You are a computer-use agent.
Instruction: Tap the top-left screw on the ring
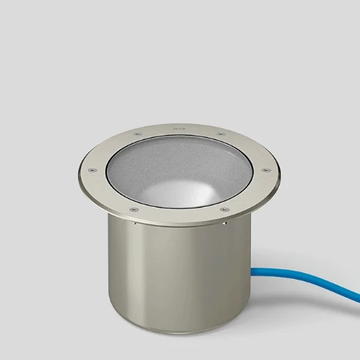(137, 133)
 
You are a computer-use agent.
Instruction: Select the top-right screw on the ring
(221, 133)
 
